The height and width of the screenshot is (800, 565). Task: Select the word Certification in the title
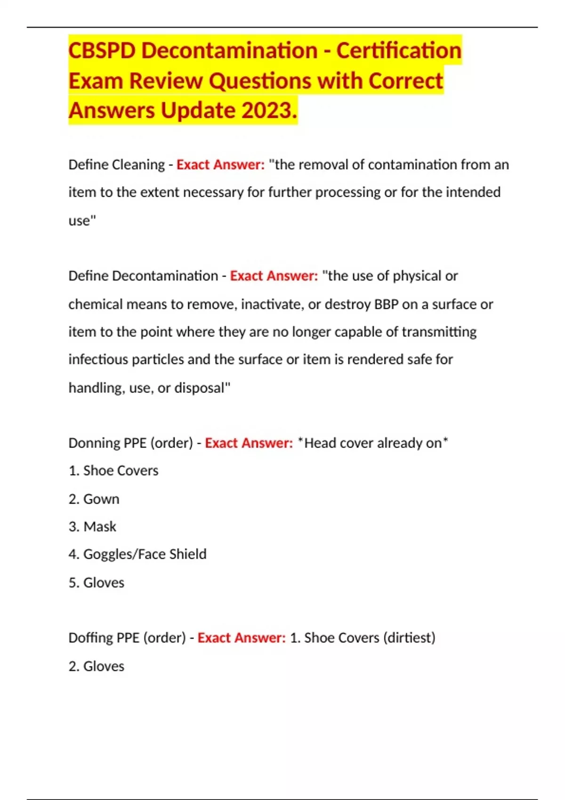coord(399,51)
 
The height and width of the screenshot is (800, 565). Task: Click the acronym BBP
coord(386,304)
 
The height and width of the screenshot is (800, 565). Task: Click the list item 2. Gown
coord(94,499)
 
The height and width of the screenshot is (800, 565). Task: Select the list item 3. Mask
coord(93,527)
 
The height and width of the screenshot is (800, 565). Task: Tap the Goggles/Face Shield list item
coord(137,554)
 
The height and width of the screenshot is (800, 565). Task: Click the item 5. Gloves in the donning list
coord(97,583)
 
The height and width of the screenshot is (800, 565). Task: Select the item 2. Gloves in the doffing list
coord(97,666)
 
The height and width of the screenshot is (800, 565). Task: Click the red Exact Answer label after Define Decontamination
coord(274,276)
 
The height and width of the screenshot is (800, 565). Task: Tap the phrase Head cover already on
coord(373,443)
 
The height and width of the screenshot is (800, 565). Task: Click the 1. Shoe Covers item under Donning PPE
coord(113,471)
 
